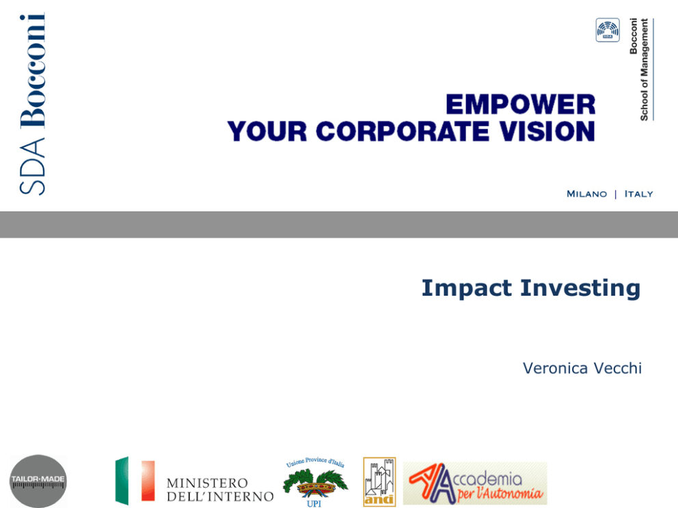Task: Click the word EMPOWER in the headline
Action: coord(521,104)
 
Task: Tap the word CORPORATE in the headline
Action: coord(403,131)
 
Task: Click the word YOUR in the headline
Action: coord(267,131)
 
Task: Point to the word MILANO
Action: coord(587,194)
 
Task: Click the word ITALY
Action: coord(638,194)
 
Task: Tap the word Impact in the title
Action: coord(467,289)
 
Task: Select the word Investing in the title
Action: coord(580,289)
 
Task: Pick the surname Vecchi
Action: coord(618,369)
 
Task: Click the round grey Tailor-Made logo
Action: coord(38,481)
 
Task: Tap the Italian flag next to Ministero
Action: coord(135,481)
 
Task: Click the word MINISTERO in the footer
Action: coord(207,483)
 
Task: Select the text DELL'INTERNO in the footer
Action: coord(220,497)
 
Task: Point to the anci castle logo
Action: coord(379,481)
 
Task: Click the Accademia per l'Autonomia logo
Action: coord(475,483)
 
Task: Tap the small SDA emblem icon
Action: coord(608,30)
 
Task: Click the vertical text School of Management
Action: coord(645,70)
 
